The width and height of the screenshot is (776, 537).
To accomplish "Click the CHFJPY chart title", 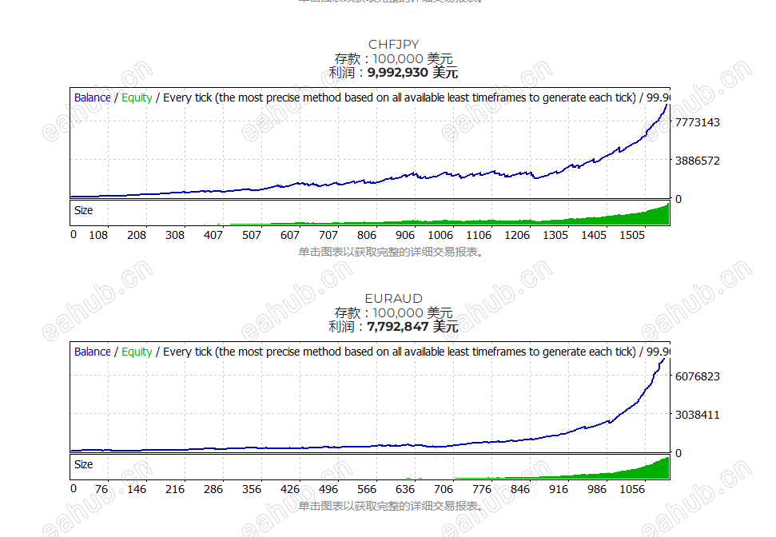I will pyautogui.click(x=393, y=45).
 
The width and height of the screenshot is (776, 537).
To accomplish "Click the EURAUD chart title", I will pyautogui.click(x=393, y=299).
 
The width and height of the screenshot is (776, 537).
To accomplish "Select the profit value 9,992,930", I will pyautogui.click(x=398, y=73).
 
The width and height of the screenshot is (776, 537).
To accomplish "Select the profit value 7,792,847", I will pyautogui.click(x=398, y=327).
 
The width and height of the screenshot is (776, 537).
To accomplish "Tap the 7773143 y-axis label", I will pyautogui.click(x=698, y=122).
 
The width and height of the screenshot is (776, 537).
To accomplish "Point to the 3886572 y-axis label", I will pyautogui.click(x=698, y=161).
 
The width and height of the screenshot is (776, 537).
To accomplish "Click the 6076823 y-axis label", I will pyautogui.click(x=698, y=376).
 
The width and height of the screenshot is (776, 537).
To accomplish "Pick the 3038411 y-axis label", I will pyautogui.click(x=698, y=415).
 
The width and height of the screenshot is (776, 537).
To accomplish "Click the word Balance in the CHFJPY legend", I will pyautogui.click(x=93, y=97).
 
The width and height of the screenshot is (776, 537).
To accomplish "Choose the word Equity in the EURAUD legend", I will pyautogui.click(x=137, y=352).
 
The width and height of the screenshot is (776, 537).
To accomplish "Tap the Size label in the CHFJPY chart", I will pyautogui.click(x=83, y=210).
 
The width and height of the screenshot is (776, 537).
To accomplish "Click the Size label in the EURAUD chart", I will pyautogui.click(x=83, y=464).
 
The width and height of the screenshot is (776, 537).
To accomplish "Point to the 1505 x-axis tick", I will pyautogui.click(x=632, y=235).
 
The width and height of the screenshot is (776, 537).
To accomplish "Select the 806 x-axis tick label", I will pyautogui.click(x=367, y=235).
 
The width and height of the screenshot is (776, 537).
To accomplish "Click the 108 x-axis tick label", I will pyautogui.click(x=98, y=235).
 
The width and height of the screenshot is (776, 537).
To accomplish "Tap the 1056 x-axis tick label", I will pyautogui.click(x=632, y=489).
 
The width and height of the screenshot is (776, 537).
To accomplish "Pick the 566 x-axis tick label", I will pyautogui.click(x=367, y=489).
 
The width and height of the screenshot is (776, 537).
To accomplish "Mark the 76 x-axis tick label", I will pyautogui.click(x=101, y=489).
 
